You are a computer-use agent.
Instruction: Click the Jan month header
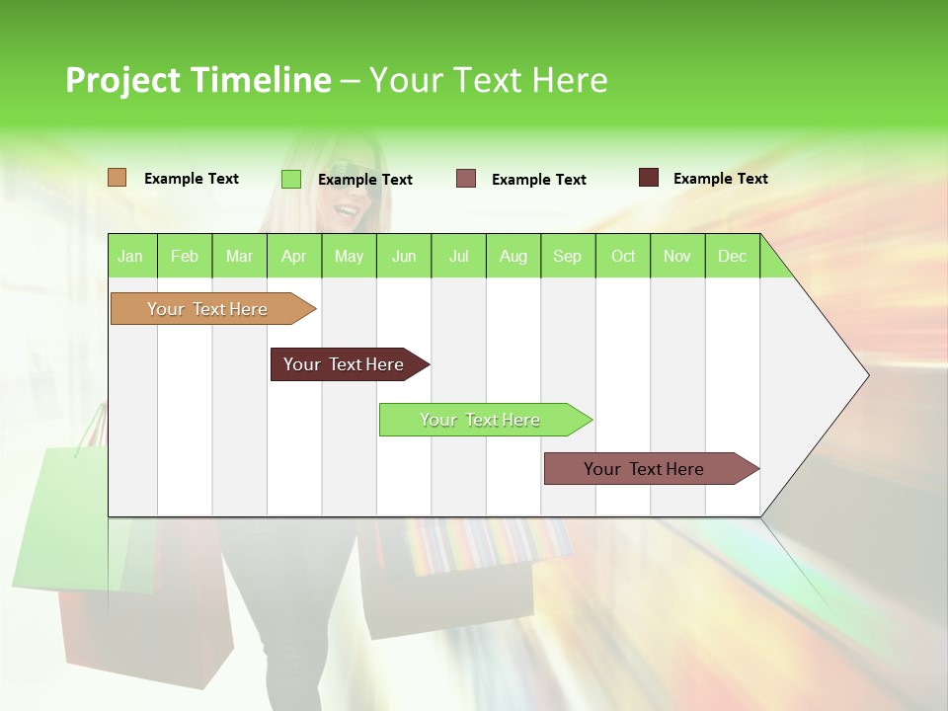pos(131,257)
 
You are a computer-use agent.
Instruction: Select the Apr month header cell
pos(294,257)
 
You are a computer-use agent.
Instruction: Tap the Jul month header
pos(458,257)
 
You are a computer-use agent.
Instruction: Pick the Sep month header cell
pos(567,257)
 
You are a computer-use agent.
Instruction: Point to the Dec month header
pos(732,257)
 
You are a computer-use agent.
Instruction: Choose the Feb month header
pos(185,257)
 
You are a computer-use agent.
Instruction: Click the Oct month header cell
pos(623,257)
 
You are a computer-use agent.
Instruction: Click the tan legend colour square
pos(117,178)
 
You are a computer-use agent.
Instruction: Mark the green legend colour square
pos(291,179)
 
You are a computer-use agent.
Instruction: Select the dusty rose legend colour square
pos(466,178)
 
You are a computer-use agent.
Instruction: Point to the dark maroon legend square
pos(648,178)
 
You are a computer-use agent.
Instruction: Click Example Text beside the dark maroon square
pos(720,179)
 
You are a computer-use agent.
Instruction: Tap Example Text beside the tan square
pos(192,179)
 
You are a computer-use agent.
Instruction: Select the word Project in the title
pos(123,80)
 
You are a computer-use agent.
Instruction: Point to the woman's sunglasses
pos(353,193)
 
